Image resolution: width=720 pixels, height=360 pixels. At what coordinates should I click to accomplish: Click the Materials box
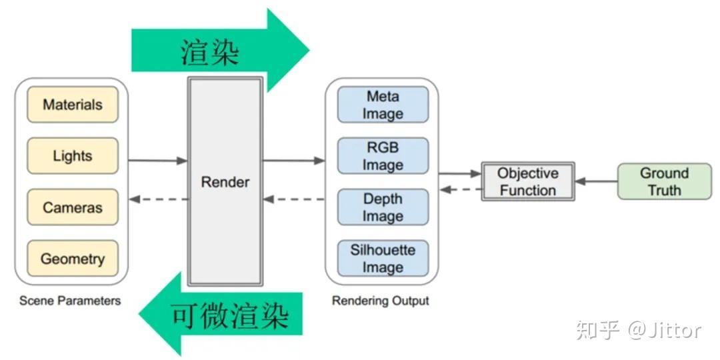point(73,105)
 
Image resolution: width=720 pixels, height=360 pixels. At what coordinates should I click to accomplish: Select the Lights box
point(73,156)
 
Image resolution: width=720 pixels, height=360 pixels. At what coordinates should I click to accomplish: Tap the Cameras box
point(73,207)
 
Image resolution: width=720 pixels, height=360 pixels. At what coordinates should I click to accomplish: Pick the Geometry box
point(73,259)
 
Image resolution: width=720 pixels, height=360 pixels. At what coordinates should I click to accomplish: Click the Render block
point(225,182)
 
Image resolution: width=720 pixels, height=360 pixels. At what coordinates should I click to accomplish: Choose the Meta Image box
point(383,105)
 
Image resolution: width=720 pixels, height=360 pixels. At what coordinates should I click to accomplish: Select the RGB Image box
point(383,156)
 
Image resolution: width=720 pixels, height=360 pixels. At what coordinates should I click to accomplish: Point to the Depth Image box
point(383,207)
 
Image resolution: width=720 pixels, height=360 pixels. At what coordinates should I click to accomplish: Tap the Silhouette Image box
point(383,259)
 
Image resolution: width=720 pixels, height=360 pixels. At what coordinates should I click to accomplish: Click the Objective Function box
point(527,181)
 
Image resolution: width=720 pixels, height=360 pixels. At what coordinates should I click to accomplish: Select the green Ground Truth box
point(664,181)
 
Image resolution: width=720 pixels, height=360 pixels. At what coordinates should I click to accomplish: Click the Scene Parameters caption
point(70,301)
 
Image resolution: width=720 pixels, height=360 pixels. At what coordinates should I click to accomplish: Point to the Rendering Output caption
point(381,301)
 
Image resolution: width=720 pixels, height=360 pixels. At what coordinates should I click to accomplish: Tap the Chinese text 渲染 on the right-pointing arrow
point(210,51)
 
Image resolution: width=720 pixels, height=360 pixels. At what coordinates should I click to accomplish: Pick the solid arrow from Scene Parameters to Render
point(157,161)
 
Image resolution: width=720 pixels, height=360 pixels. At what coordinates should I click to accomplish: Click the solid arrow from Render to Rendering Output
point(293,161)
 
